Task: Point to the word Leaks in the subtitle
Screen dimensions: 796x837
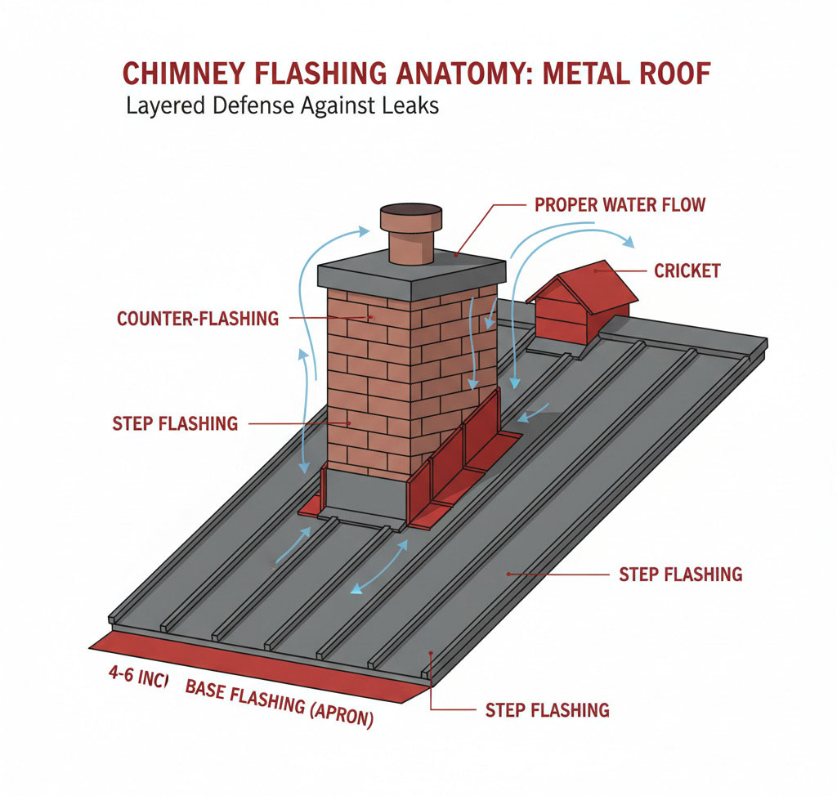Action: coord(409,107)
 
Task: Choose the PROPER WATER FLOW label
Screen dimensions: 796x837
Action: coord(620,204)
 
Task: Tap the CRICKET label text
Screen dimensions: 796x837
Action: coord(687,271)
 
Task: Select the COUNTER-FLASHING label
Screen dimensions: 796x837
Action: coord(198,318)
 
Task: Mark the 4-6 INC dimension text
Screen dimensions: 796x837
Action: coord(135,677)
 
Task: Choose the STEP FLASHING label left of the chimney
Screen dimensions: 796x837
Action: coord(175,423)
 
